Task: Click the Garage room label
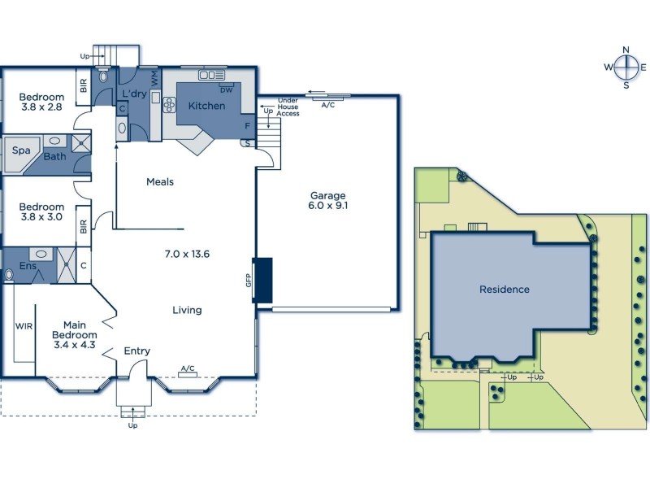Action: click(327, 195)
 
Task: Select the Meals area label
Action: click(160, 181)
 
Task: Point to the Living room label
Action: click(187, 310)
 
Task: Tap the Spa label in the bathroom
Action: click(20, 150)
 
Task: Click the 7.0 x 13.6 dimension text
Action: click(187, 254)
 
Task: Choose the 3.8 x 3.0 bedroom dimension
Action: click(41, 218)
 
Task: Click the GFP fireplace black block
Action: click(262, 281)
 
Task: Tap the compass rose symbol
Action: click(626, 68)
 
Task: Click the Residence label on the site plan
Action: click(504, 289)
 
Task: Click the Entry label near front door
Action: click(136, 351)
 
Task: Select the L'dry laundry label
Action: click(133, 94)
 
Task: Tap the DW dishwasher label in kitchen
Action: click(226, 89)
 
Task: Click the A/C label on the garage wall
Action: click(328, 105)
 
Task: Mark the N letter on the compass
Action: click(626, 50)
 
